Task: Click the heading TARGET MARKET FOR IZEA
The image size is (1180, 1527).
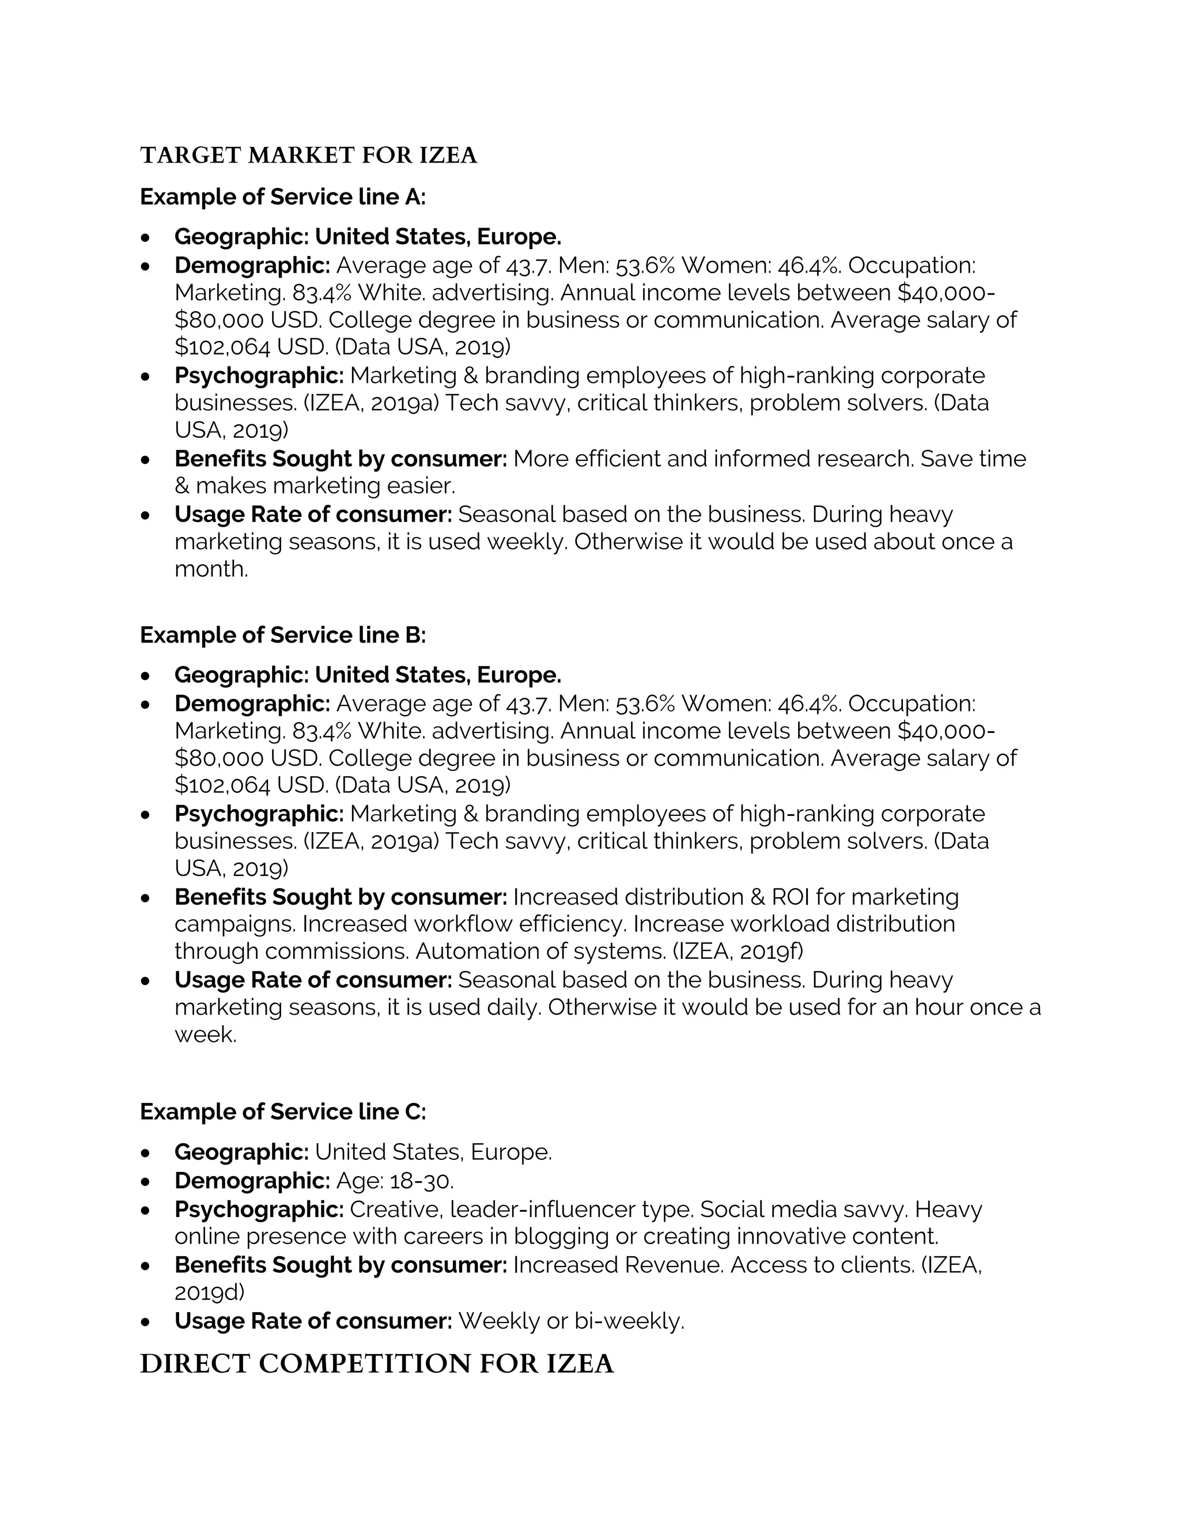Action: pos(308,155)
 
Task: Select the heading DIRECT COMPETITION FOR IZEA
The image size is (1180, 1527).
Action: pos(377,1364)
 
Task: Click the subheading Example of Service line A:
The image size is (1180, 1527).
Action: pos(282,197)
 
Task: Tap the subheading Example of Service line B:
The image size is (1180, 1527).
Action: pos(282,635)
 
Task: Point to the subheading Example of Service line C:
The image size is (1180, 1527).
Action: pos(282,1112)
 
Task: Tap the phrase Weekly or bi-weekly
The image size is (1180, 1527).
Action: pos(570,1321)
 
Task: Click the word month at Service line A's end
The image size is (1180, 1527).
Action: pos(210,569)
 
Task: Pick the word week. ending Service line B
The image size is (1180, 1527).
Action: pos(206,1035)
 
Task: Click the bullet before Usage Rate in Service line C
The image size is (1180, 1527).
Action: pos(145,1322)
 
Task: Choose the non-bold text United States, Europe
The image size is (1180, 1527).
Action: pos(433,1152)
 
